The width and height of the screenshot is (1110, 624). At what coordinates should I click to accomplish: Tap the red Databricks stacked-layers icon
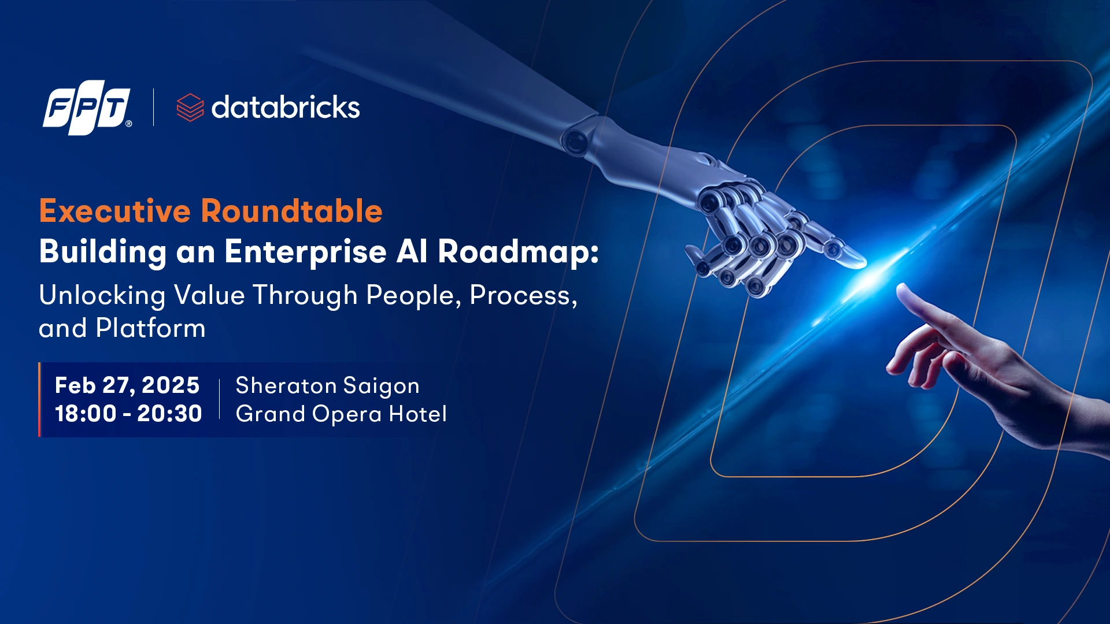(x=190, y=107)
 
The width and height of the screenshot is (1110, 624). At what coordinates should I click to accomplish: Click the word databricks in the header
(x=286, y=107)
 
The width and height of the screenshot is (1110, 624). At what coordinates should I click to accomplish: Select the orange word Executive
(x=115, y=211)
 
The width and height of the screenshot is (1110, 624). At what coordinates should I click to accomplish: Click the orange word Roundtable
(x=292, y=211)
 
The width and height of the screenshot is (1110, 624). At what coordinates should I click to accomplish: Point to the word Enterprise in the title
(x=306, y=252)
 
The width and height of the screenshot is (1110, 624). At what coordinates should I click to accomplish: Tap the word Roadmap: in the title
(x=519, y=252)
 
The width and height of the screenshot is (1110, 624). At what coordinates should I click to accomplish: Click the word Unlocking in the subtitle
(x=102, y=296)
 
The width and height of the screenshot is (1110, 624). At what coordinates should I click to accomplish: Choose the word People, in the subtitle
(x=414, y=296)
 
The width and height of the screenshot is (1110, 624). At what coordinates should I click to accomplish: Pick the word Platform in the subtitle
(x=151, y=328)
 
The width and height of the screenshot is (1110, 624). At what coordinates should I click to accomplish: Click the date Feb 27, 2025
(x=127, y=385)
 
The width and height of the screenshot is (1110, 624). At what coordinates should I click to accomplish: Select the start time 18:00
(x=86, y=414)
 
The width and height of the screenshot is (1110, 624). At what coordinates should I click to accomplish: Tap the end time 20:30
(x=169, y=414)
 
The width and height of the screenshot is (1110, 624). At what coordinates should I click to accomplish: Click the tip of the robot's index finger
(x=864, y=263)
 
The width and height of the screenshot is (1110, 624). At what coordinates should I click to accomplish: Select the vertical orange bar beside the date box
(x=40, y=399)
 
